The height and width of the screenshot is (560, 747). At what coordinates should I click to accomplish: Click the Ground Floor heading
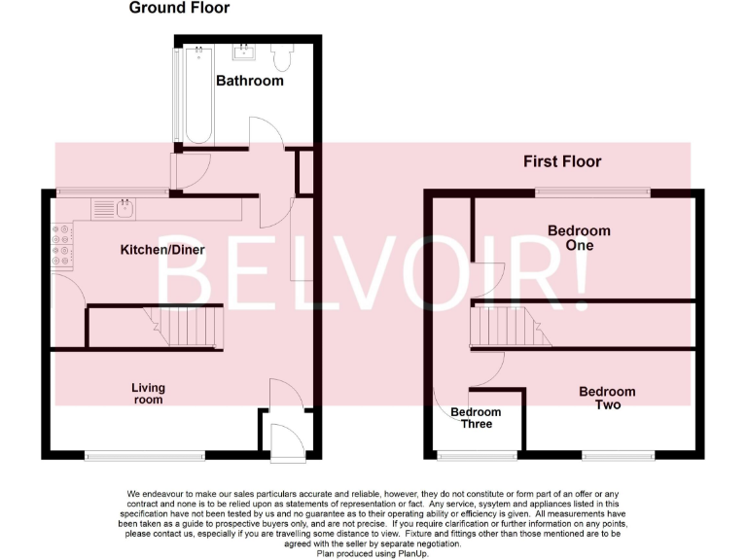pos(180,8)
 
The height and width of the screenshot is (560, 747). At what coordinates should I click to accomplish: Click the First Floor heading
pos(562,161)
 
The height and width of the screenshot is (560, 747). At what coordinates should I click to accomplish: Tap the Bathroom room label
pos(250,81)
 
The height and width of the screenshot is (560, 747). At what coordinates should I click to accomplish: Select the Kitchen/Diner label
pos(162,250)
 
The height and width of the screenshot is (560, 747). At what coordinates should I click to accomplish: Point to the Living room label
pos(148,394)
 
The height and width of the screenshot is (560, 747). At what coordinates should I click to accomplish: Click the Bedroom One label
pos(579,238)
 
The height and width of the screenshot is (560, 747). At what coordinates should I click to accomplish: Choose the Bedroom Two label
pos(607,398)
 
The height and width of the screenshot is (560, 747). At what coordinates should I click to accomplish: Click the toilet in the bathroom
pos(283,58)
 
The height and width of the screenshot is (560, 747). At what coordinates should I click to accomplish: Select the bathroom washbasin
pos(242,50)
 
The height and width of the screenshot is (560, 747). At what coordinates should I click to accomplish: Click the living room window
pos(144,454)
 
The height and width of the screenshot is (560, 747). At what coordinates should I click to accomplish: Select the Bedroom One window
pos(592,191)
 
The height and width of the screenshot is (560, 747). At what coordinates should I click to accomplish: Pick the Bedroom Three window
pos(477,454)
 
